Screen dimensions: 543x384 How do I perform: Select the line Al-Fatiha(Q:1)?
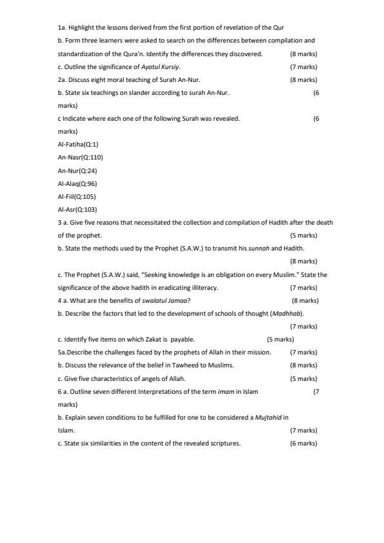click(77, 145)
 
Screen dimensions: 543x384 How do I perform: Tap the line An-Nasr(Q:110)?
click(80, 158)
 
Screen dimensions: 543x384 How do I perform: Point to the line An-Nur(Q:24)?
click(77, 170)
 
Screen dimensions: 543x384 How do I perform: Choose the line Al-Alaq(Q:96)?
click(77, 183)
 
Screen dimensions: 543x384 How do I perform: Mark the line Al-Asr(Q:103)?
click(76, 209)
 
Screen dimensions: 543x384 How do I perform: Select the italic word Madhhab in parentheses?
click(285, 314)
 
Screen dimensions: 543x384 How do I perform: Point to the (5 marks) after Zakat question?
click(280, 340)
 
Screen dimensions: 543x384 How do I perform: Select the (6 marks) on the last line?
click(303, 444)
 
